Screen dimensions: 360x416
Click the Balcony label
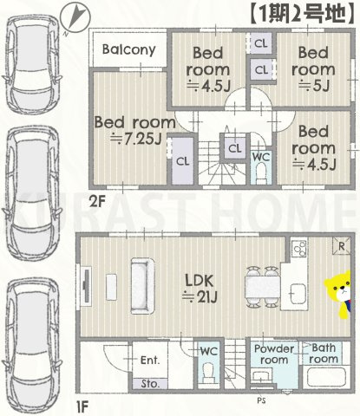tap(129, 49)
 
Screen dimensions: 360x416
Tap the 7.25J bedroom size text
tap(136, 140)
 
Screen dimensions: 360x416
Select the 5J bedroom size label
tap(314, 86)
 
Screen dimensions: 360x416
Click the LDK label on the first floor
tap(200, 280)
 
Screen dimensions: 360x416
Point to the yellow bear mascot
tap(338, 295)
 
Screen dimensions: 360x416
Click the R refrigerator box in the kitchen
tap(342, 246)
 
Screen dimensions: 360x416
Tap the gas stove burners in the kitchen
tap(299, 248)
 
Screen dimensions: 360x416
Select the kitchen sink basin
tap(298, 294)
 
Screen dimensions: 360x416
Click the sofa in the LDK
tap(142, 286)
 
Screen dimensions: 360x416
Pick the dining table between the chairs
tap(263, 288)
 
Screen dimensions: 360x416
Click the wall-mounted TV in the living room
tap(85, 284)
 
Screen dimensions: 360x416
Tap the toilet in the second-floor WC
tap(261, 172)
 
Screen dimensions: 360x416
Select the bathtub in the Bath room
tap(326, 377)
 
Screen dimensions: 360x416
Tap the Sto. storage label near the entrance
tap(150, 384)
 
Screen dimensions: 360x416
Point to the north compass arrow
tap(75, 19)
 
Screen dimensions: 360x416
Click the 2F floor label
tap(96, 201)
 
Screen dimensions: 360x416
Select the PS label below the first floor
tap(261, 400)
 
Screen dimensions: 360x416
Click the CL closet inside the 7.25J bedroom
tap(183, 161)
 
